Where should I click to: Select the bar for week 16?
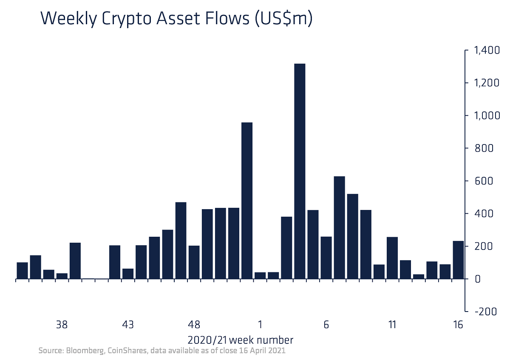tap(458, 260)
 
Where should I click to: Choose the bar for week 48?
tap(194, 262)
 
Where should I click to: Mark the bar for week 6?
tap(326, 258)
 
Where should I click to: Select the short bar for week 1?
tap(260, 275)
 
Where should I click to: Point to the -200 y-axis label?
tap(486, 312)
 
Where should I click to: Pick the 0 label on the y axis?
tap(478, 279)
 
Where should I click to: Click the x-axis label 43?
tap(128, 325)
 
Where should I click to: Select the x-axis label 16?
tap(458, 325)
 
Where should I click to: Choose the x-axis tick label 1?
tap(260, 325)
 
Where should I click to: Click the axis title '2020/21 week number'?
tap(240, 340)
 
